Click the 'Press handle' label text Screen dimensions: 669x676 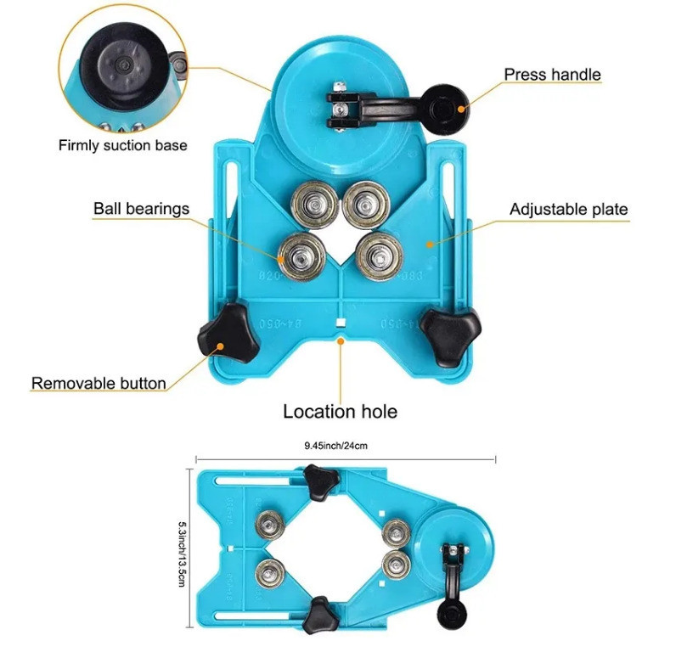coord(552,75)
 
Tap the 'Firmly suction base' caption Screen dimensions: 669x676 coord(122,145)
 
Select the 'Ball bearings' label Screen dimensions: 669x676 coord(141,208)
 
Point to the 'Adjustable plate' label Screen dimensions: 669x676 coord(568,209)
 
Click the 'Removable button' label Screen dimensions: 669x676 coord(99,383)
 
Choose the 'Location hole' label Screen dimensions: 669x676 coord(340,412)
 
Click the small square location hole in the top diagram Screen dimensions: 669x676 coord(339,322)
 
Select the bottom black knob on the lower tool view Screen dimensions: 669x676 coord(320,609)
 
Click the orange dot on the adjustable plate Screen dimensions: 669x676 coord(431,244)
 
